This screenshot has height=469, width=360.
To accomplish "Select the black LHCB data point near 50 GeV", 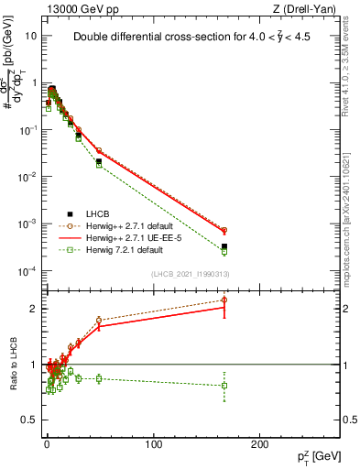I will point(99,161).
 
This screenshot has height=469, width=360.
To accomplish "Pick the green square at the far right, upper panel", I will point(224,251).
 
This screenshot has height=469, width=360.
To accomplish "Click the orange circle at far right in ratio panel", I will point(224,300).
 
